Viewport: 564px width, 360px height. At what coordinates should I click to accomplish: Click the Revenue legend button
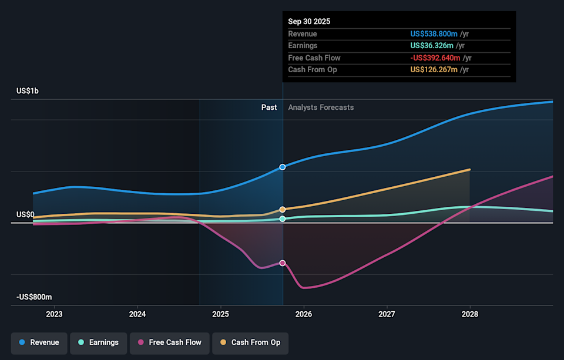tap(39, 342)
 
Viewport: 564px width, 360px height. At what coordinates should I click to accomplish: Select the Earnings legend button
tap(98, 342)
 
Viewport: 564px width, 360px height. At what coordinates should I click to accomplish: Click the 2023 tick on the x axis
tap(54, 314)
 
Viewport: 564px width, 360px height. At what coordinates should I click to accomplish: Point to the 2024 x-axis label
tap(137, 314)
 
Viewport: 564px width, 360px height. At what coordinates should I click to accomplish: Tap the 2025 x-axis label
tap(221, 314)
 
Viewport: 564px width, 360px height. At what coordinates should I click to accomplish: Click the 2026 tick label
tap(304, 314)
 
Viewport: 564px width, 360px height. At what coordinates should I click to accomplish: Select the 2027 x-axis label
tap(387, 314)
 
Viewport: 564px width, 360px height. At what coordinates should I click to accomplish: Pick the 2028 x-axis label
tap(470, 314)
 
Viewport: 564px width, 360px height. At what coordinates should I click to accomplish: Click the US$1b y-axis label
tap(28, 91)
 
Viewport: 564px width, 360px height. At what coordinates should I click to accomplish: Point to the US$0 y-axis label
tap(25, 214)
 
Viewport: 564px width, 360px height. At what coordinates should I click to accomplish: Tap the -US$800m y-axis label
tap(34, 297)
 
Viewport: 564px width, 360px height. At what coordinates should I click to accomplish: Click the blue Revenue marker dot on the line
tap(283, 167)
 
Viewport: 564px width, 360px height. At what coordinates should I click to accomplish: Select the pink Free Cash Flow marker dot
tap(283, 263)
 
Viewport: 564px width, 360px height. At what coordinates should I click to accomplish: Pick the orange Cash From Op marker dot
tap(283, 209)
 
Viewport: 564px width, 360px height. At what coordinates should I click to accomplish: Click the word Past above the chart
tap(269, 107)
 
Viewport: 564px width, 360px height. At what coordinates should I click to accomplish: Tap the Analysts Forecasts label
tap(321, 107)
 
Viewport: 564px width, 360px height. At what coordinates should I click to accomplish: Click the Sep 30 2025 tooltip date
tap(309, 21)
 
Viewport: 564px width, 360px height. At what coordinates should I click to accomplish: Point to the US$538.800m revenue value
tap(434, 33)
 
